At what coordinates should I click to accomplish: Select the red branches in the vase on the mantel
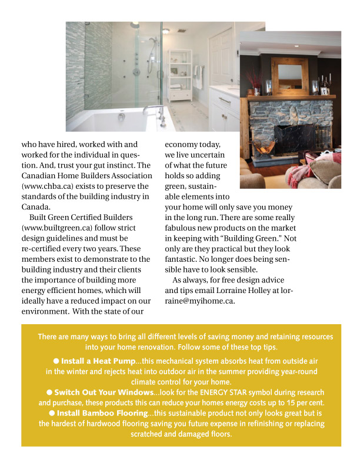(255, 79)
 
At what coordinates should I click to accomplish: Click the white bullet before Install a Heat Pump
(56, 360)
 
